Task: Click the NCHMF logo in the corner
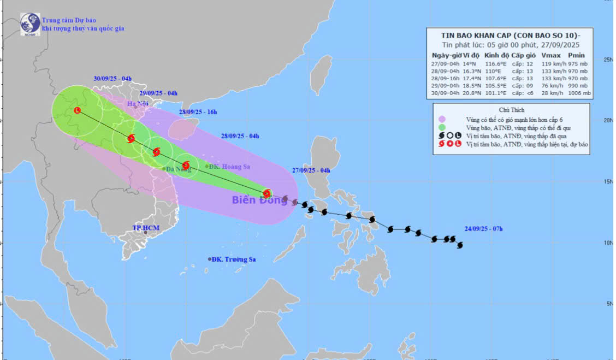pos(29,23)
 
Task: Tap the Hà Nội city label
pos(138,104)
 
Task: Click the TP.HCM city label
pos(145,227)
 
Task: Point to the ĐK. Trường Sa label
pos(234,259)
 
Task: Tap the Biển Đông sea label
pos(259,200)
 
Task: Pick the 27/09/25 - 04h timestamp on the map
pos(311,170)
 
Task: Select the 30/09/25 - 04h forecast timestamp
pos(112,79)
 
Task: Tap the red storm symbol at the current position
pos(266,193)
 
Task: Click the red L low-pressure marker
pos(77,110)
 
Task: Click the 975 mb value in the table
pos(579,63)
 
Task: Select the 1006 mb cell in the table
pos(579,93)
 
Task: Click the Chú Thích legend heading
pos(511,109)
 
